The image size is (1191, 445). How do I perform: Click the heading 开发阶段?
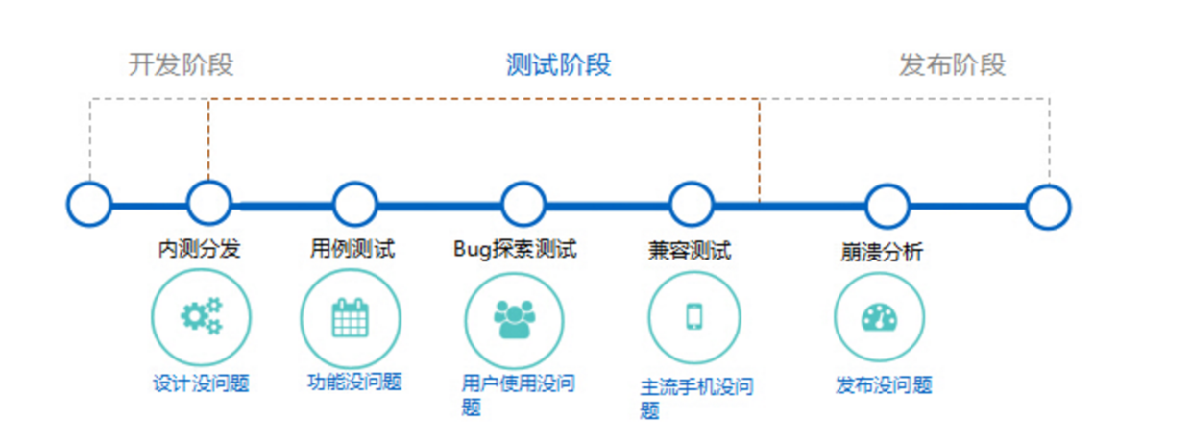pyautogui.click(x=181, y=65)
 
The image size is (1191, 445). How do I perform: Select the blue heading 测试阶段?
pyautogui.click(x=558, y=65)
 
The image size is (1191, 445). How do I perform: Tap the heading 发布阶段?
pyautogui.click(x=952, y=65)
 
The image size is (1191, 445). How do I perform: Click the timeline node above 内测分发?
pyautogui.click(x=208, y=204)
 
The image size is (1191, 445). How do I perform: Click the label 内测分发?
pyautogui.click(x=199, y=250)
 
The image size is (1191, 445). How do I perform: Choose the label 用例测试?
pyautogui.click(x=352, y=250)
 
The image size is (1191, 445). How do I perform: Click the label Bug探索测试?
pyautogui.click(x=515, y=250)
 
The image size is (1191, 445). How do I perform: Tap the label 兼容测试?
pyautogui.click(x=689, y=251)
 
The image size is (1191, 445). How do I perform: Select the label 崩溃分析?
pyautogui.click(x=882, y=253)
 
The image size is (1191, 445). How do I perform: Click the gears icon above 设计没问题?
pyautogui.click(x=201, y=316)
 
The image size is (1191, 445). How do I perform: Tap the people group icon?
pyautogui.click(x=514, y=319)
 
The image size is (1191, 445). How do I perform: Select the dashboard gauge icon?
pyautogui.click(x=879, y=317)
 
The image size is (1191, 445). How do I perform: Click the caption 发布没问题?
pyautogui.click(x=884, y=386)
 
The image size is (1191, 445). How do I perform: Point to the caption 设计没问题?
pyautogui.click(x=201, y=383)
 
